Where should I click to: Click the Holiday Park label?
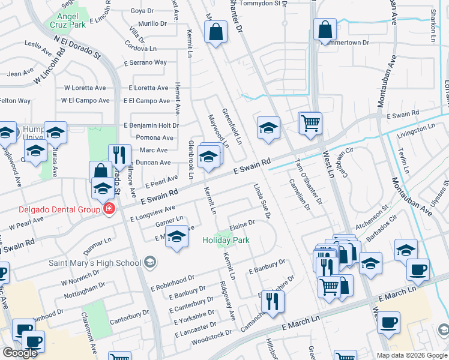click(226, 241)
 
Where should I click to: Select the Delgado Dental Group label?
click(50, 209)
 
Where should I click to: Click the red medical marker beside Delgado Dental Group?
click(109, 209)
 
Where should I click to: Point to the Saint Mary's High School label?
click(95, 262)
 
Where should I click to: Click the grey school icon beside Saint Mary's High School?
click(149, 262)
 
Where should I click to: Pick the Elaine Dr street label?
click(241, 226)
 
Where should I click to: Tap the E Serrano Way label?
click(144, 62)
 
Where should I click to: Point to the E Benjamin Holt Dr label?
click(151, 125)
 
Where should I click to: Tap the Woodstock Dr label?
click(211, 338)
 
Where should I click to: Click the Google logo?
click(20, 353)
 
